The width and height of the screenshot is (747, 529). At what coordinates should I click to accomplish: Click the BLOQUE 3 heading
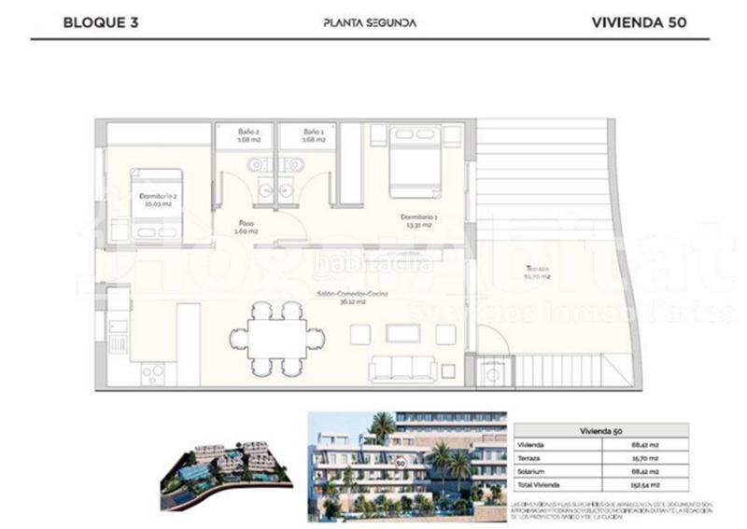(x=100, y=23)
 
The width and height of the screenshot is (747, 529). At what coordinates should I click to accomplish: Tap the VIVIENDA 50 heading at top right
(x=639, y=23)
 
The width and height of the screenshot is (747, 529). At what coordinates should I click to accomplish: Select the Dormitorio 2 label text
(x=158, y=200)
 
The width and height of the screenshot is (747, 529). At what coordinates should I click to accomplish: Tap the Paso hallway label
(x=247, y=228)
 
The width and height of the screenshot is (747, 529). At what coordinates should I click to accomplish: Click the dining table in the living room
(x=277, y=338)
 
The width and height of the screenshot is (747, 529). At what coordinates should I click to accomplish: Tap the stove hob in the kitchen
(x=152, y=372)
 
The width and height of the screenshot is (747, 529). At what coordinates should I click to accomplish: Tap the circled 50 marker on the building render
(x=400, y=461)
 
